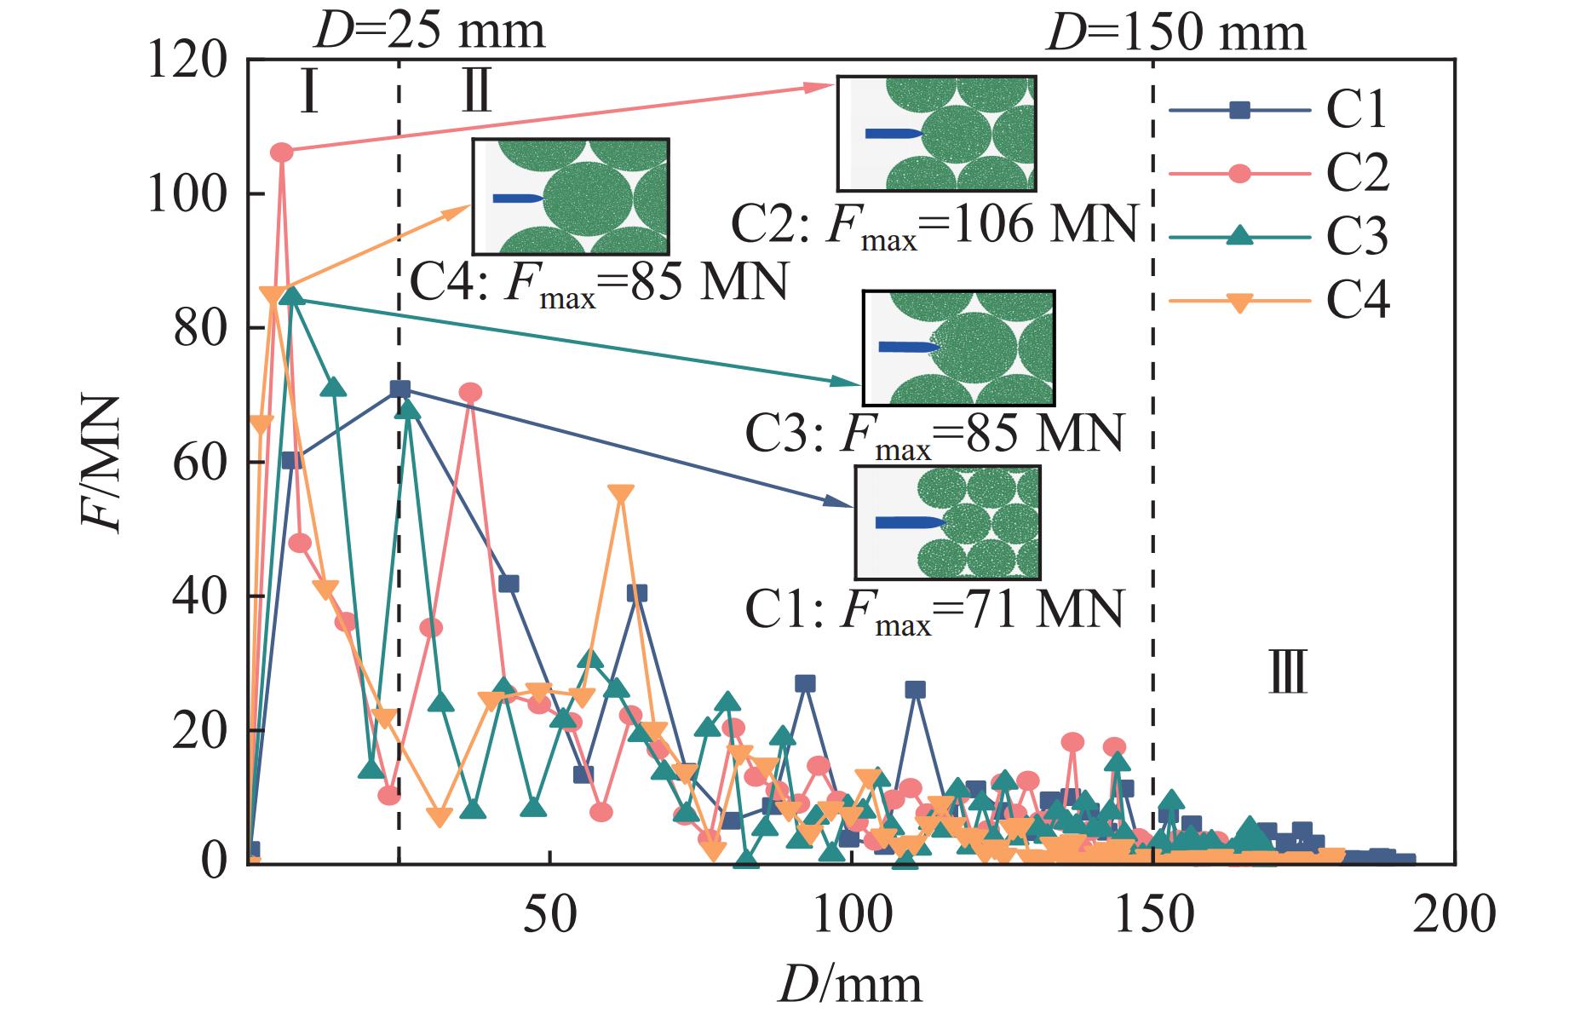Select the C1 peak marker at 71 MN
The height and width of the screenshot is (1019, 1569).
[x=399, y=389]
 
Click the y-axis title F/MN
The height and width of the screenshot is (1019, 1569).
[x=103, y=464]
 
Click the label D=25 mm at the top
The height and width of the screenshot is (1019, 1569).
[x=429, y=31]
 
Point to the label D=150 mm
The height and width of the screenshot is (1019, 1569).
[x=1175, y=32]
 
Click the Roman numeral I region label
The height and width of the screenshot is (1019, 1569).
[x=309, y=94]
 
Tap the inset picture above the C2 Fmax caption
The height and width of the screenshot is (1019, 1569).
[x=936, y=133]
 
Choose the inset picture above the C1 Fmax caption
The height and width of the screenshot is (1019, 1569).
[x=947, y=522]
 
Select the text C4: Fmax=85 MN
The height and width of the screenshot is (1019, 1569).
[x=598, y=284]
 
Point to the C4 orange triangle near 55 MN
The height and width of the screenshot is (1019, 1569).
[x=622, y=495]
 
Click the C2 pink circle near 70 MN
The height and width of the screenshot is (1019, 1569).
[x=470, y=393]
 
